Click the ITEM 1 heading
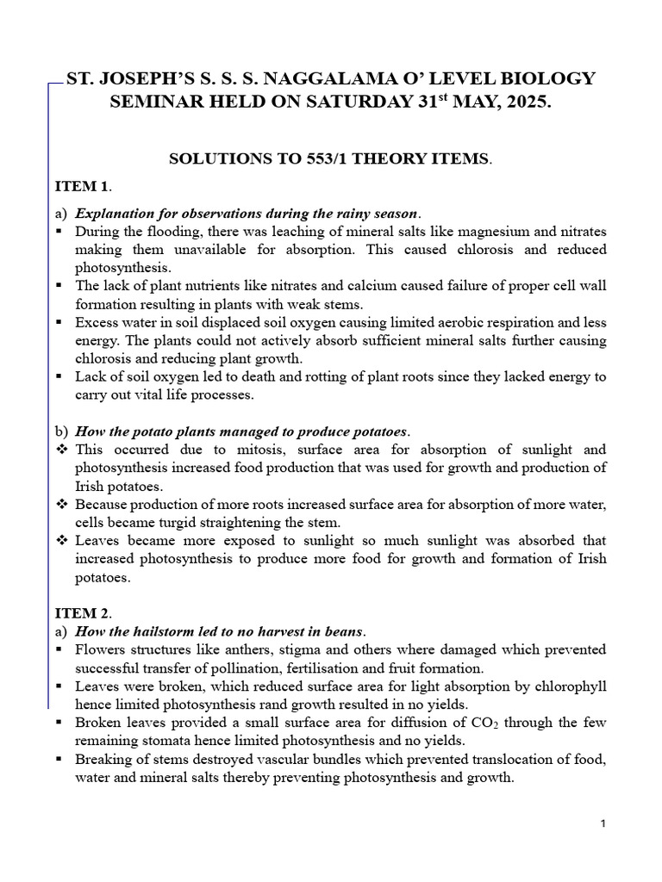click(83, 186)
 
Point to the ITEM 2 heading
click(83, 612)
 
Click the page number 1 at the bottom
click(603, 824)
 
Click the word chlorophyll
click(569, 686)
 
